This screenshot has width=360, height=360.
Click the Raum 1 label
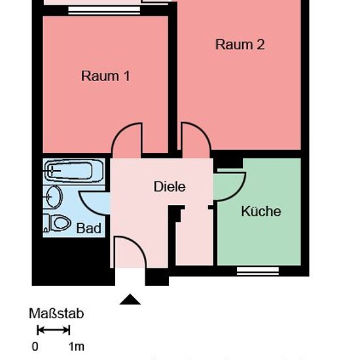(x=105, y=76)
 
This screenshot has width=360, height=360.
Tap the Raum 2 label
(x=240, y=45)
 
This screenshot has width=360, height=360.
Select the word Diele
(x=170, y=187)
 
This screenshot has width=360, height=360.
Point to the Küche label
(x=261, y=211)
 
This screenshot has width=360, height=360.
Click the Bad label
(x=88, y=228)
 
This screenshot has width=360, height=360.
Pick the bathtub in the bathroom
(x=73, y=171)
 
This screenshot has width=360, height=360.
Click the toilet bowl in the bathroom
(x=59, y=223)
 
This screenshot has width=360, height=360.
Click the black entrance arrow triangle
(x=130, y=299)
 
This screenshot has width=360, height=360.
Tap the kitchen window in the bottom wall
(x=258, y=271)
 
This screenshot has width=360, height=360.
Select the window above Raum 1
(x=104, y=10)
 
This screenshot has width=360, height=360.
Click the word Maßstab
(x=56, y=314)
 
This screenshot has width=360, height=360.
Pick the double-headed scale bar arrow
(x=53, y=330)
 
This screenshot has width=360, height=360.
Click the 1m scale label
(x=77, y=347)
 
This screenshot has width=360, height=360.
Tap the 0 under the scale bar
(x=35, y=347)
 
